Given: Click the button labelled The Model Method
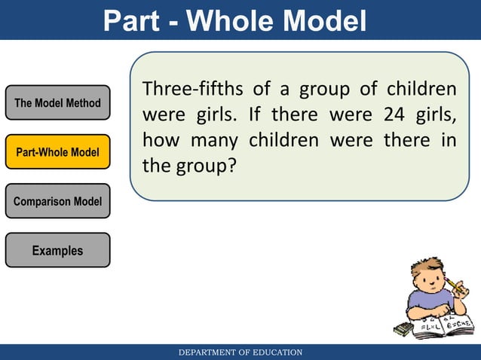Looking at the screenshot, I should [x=57, y=103].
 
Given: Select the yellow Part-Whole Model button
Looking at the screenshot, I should [x=57, y=152].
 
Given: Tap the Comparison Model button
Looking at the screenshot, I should [x=57, y=201].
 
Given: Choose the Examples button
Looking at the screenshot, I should [x=57, y=250].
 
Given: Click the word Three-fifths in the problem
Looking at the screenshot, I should [x=192, y=90].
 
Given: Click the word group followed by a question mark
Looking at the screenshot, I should [x=199, y=166].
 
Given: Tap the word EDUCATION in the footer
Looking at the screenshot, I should [x=276, y=352].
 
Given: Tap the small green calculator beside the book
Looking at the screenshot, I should [x=403, y=329].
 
